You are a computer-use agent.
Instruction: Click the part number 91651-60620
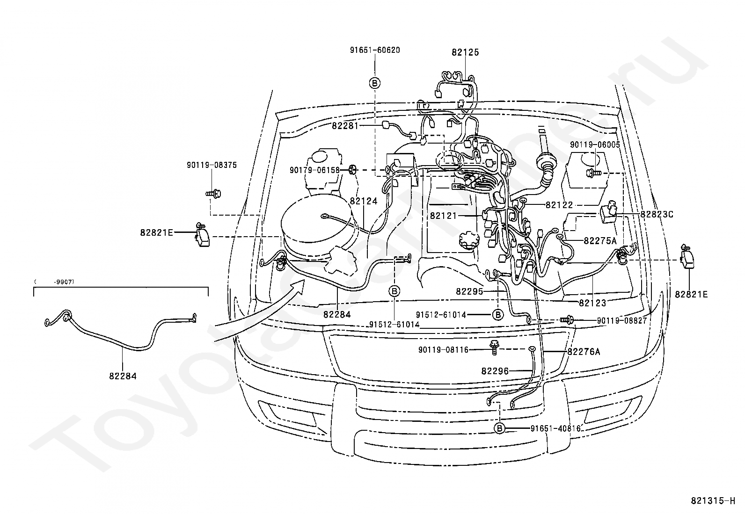point(375,50)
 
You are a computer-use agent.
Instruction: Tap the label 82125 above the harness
point(465,52)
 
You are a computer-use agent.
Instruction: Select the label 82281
point(345,126)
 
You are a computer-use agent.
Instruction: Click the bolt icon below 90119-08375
point(213,193)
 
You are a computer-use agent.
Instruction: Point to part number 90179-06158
point(314,170)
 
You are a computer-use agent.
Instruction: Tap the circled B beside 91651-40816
point(499,428)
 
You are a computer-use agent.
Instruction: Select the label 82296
point(495,371)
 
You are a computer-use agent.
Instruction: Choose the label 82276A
point(584,352)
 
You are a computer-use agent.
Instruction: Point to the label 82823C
point(657,215)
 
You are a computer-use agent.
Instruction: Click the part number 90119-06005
point(595,145)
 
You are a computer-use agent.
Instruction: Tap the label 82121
point(443,216)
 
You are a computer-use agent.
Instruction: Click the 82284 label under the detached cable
point(123,376)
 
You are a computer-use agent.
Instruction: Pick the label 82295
point(469,291)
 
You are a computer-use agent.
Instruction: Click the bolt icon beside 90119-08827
point(566,320)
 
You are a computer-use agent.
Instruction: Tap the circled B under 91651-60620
point(375,83)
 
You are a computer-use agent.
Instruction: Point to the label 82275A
point(600,241)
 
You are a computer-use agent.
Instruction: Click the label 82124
point(364,201)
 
